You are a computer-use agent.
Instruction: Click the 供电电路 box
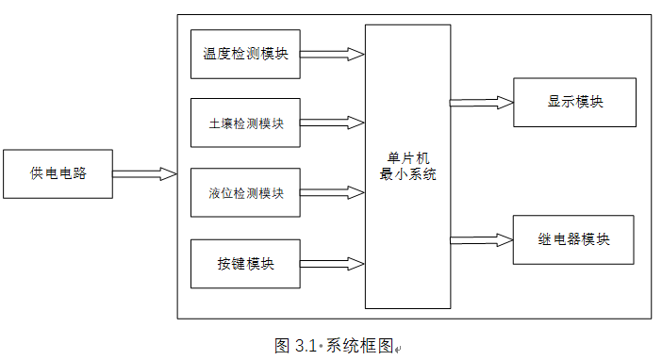[58, 173]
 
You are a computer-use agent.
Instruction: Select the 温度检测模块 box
[245, 54]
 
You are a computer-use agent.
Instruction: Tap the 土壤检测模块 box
[245, 123]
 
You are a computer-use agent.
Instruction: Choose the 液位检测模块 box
[245, 193]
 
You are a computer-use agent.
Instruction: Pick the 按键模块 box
[245, 264]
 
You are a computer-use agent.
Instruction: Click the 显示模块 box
[574, 102]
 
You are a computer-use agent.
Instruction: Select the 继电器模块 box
[572, 239]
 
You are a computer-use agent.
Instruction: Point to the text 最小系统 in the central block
[407, 174]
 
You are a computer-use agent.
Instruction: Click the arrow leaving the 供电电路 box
[145, 173]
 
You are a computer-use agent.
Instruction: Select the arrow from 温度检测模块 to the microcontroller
[332, 54]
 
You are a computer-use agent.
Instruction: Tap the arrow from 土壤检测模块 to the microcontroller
[332, 123]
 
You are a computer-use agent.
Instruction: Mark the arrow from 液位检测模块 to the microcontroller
[332, 192]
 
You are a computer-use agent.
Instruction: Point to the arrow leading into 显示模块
[481, 102]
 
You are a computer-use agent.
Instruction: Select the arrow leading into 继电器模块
[481, 239]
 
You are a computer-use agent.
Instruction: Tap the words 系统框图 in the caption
[358, 345]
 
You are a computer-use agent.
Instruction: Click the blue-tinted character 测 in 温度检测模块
[253, 54]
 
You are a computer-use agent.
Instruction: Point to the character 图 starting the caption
[282, 345]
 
